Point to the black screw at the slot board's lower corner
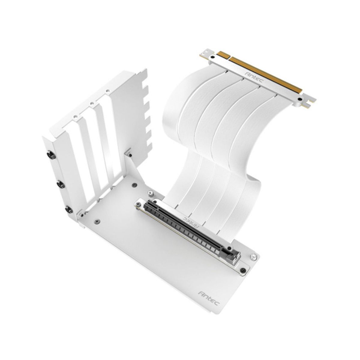point(243,270)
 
